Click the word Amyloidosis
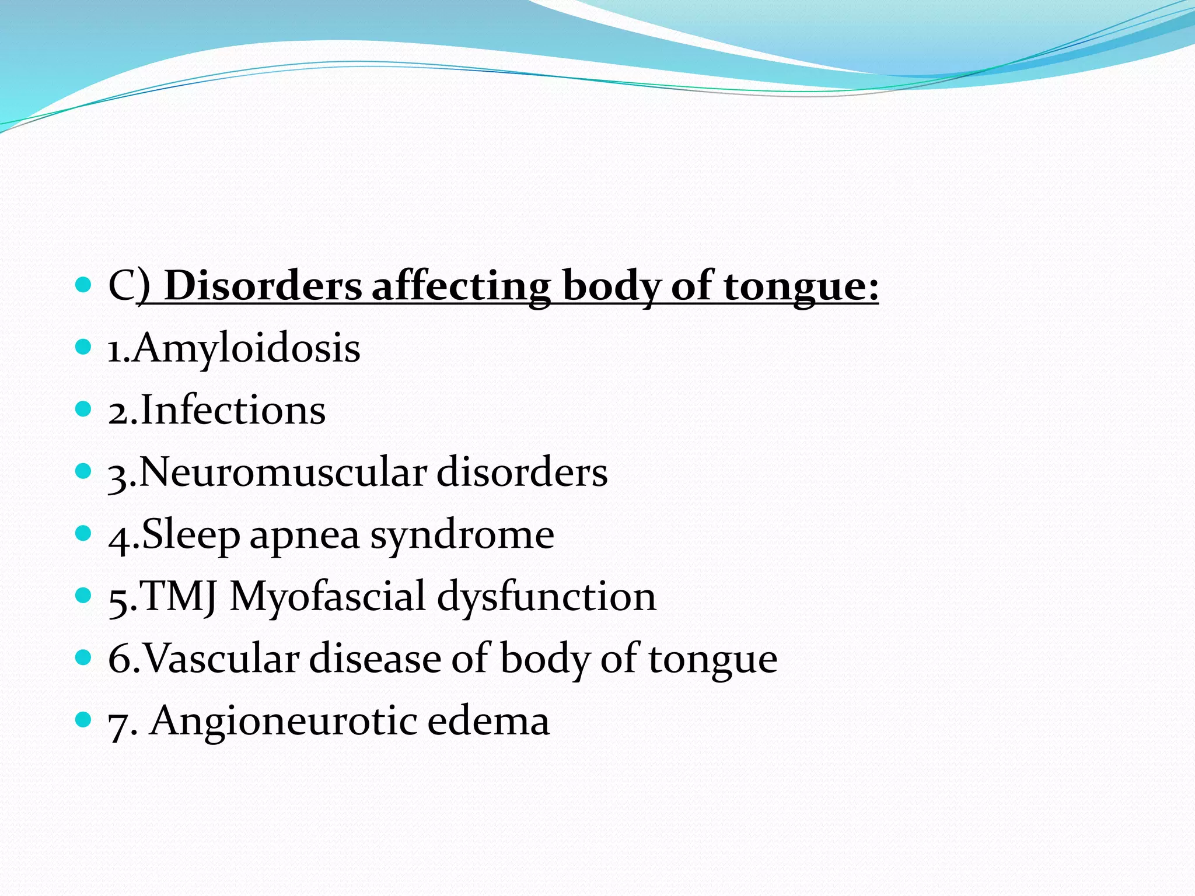[x=246, y=348]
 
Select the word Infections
[x=233, y=410]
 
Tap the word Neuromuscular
[x=283, y=472]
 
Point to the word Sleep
[x=191, y=534]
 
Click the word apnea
[x=305, y=535]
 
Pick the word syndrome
[x=462, y=535]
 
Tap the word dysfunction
[x=547, y=597]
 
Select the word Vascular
[x=221, y=659]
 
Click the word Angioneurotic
[x=284, y=722]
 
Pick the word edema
[x=488, y=721]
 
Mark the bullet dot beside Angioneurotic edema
[x=84, y=720]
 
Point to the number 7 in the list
[x=118, y=724]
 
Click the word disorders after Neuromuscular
[x=522, y=472]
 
